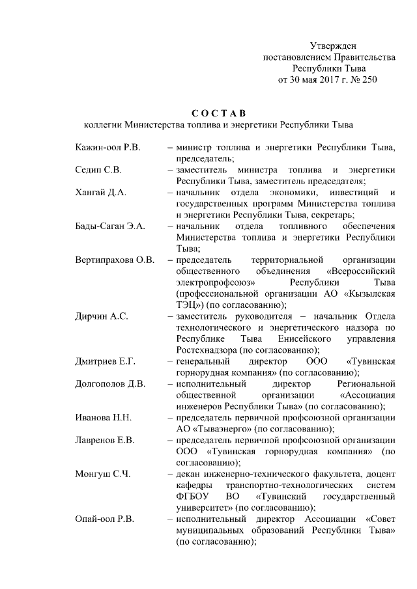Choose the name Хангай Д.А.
[101, 192]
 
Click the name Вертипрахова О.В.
[115, 260]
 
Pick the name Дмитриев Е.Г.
[106, 361]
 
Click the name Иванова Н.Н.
[104, 417]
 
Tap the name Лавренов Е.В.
[104, 440]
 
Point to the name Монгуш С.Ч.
[103, 474]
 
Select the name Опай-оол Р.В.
[104, 519]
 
